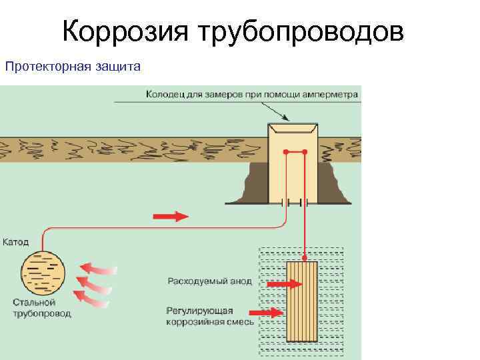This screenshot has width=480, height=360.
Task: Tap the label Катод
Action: click(x=16, y=241)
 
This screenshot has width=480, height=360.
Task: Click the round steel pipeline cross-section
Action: click(x=44, y=273)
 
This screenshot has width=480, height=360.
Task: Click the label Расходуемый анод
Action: click(x=209, y=281)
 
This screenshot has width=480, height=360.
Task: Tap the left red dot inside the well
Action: click(x=286, y=153)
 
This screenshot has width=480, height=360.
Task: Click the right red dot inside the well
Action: click(x=305, y=153)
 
